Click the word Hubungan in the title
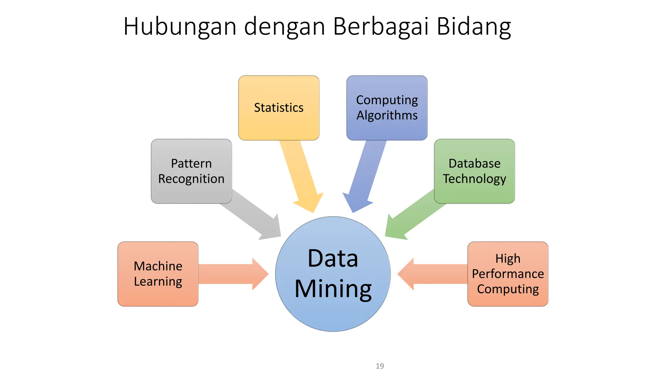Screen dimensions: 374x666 (180, 27)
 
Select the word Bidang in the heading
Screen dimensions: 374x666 (473, 27)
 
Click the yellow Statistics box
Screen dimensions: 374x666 (279, 108)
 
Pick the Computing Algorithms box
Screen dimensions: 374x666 (387, 108)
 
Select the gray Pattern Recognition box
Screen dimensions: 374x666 (191, 171)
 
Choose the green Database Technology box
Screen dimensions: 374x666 (474, 171)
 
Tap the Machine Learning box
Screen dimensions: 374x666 (158, 274)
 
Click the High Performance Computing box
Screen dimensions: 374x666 (508, 274)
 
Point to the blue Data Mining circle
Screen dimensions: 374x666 (333, 274)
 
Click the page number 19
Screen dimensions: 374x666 (380, 366)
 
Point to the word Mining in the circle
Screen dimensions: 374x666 (333, 289)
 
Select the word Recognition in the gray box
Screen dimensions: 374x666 (191, 179)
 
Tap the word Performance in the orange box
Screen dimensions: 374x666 (508, 274)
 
